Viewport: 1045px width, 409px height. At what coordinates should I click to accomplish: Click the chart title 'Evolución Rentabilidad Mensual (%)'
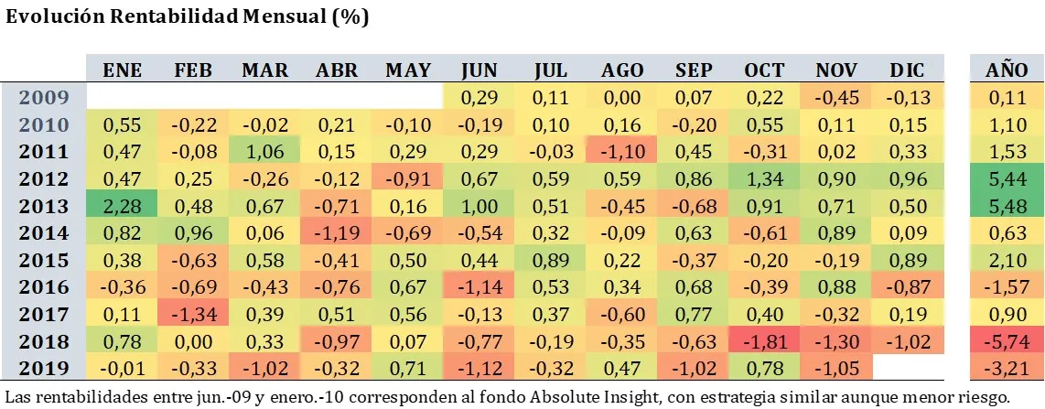pos(188,18)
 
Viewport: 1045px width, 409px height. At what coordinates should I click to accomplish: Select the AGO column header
pos(622,70)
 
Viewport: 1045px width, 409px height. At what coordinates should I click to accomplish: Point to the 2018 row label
pos(44,342)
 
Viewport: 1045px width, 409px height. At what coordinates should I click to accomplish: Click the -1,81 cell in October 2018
pos(765,342)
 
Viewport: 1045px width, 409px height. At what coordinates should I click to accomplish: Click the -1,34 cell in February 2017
pos(194,315)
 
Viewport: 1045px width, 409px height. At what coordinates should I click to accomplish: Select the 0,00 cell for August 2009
pos(622,96)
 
